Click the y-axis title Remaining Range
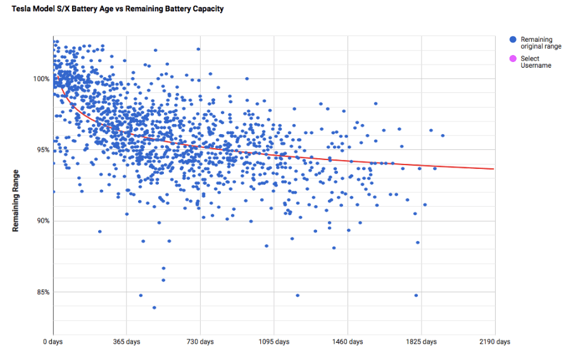pyautogui.click(x=16, y=200)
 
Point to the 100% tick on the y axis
pyautogui.click(x=42, y=78)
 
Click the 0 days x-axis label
pyautogui.click(x=53, y=342)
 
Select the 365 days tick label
pyautogui.click(x=127, y=342)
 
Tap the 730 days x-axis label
pyautogui.click(x=200, y=342)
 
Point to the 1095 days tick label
pyautogui.click(x=273, y=342)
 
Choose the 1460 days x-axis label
pyautogui.click(x=348, y=342)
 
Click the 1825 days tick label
pyautogui.click(x=421, y=342)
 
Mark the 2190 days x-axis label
pyautogui.click(x=494, y=342)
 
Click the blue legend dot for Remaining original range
pyautogui.click(x=513, y=39)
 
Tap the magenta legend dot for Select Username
pyautogui.click(x=513, y=59)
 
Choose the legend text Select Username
pyautogui.click(x=536, y=62)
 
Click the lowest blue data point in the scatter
pyautogui.click(x=154, y=307)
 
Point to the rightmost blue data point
pyautogui.click(x=442, y=135)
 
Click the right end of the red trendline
pyautogui.click(x=494, y=169)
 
